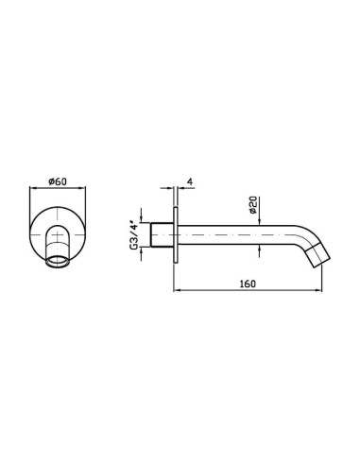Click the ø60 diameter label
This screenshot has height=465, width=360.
click(58, 181)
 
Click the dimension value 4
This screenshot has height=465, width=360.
click(190, 181)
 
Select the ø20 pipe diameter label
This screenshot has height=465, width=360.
click(254, 205)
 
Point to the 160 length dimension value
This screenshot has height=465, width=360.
click(248, 284)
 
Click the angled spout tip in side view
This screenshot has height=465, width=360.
click(318, 256)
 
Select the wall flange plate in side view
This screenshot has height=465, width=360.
click(176, 235)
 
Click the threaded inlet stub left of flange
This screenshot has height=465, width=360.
click(162, 234)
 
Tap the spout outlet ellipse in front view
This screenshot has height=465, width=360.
click(57, 261)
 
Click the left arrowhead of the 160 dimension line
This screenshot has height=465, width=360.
click(177, 290)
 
